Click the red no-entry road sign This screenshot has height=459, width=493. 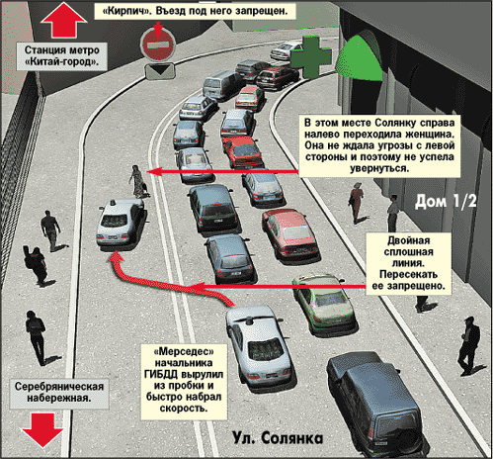click(158, 45)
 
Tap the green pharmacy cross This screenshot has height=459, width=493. click(311, 57)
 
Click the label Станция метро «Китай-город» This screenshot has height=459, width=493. click(62, 56)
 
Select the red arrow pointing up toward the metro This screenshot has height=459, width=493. click(63, 20)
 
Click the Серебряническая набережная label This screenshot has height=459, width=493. click(59, 393)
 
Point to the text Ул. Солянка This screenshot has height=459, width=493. click(278, 438)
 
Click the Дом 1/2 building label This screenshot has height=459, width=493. click(446, 201)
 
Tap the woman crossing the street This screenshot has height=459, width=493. click(137, 181)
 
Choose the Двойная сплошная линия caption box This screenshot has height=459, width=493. click(408, 263)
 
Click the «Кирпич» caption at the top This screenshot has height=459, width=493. click(195, 11)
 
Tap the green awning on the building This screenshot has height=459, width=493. click(359, 59)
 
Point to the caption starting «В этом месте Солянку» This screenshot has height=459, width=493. click(379, 145)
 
